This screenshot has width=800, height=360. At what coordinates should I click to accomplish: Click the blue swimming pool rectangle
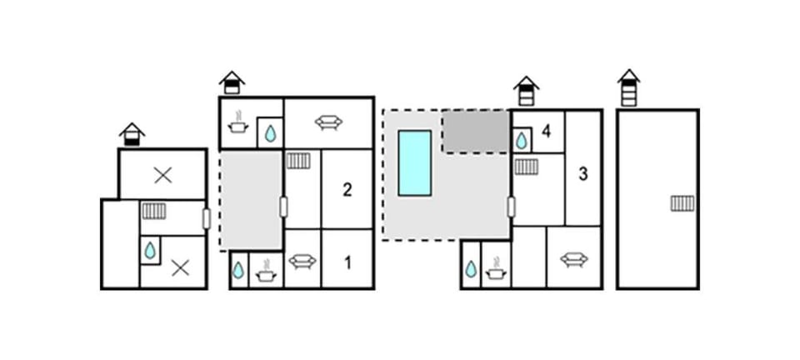[415, 163]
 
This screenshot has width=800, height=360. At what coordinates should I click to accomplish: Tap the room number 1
[348, 263]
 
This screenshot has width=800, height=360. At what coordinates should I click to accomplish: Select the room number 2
[347, 190]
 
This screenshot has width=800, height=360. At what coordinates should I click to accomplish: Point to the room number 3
[583, 174]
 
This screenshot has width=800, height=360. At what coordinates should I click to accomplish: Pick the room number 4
[547, 132]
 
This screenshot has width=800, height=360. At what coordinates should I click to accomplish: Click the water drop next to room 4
[521, 141]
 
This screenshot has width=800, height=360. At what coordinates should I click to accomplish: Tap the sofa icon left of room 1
[302, 262]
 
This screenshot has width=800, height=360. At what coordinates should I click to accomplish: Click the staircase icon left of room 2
[298, 161]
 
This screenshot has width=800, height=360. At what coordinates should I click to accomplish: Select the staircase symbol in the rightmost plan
[682, 203]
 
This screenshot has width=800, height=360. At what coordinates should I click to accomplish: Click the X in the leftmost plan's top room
[162, 175]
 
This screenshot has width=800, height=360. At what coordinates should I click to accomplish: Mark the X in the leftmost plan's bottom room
[180, 267]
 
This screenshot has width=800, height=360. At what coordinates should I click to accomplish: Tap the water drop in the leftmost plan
[149, 250]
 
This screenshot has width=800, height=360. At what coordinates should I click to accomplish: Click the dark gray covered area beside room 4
[476, 132]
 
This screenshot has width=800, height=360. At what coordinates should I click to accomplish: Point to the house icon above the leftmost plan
[132, 135]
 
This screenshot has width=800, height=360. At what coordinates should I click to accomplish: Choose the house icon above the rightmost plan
[628, 87]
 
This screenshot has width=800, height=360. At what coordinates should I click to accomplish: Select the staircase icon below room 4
[526, 167]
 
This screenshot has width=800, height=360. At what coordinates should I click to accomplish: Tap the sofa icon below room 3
[574, 259]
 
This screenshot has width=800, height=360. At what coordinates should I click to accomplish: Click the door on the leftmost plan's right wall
[206, 219]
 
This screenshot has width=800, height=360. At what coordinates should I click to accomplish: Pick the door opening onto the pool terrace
[511, 207]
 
